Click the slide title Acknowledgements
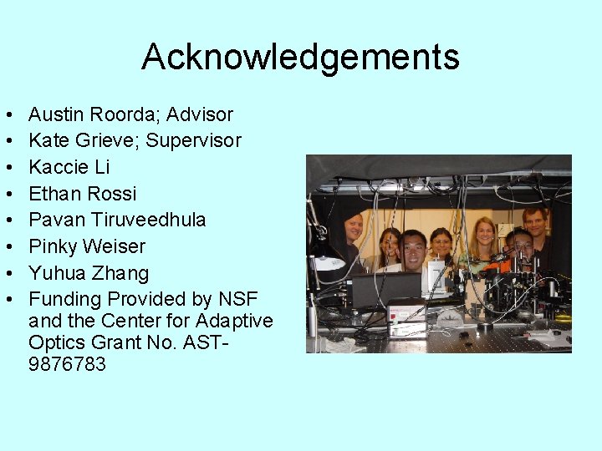click(x=300, y=58)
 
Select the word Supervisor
click(x=193, y=140)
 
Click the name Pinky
click(x=53, y=246)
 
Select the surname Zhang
click(x=121, y=273)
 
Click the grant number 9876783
click(x=67, y=364)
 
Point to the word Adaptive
click(x=234, y=321)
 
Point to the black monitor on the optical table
click(x=385, y=288)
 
